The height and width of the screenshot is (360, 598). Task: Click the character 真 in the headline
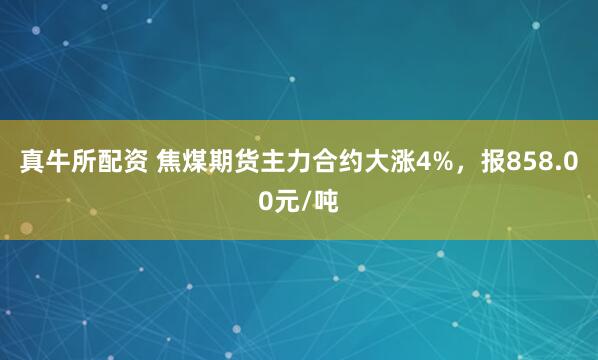tap(31, 162)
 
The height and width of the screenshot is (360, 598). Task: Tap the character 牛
tap(57, 162)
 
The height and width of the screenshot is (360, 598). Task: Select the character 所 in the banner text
tap(83, 162)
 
